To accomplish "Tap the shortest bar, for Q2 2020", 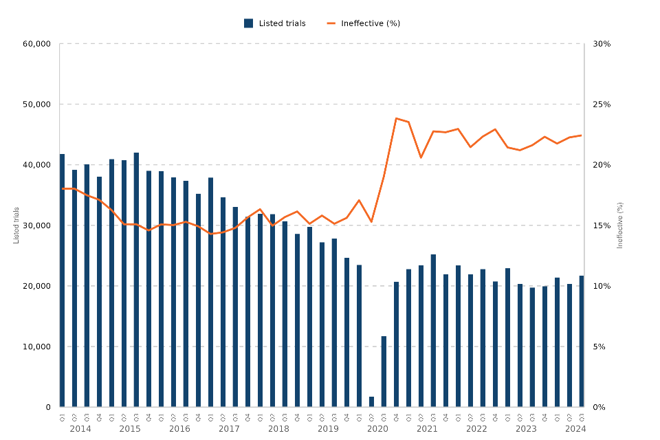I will pos(371,401).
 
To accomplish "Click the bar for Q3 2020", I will pos(384,371).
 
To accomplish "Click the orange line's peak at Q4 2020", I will pos(397,118).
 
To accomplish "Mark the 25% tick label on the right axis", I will pos(602,104).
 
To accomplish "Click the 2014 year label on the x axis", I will pos(80,429).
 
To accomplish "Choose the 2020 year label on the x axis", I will pos(377,429).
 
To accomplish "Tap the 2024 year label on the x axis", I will pos(575,429).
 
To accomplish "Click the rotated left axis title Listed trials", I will pos(16,225).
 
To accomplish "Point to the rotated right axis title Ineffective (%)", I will pos(620,225).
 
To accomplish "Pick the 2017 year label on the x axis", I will pos(229,429).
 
